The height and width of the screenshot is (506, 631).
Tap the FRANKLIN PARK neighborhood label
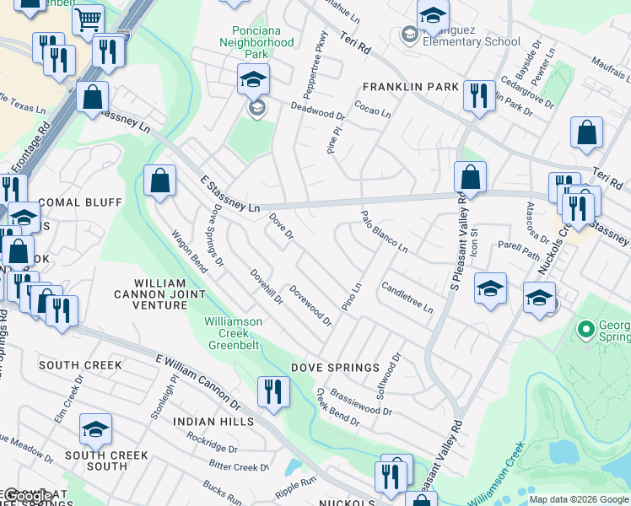pos(410,87)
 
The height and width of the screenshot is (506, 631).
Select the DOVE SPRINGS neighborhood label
pos(336,368)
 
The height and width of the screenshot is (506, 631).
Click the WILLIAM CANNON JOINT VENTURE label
pos(159,293)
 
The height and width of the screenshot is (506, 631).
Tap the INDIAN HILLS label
pos(213,421)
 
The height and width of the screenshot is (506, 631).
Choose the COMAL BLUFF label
pos(80,202)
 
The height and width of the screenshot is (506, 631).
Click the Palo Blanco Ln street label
pos(384,232)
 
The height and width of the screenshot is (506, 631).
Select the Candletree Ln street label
pos(407,297)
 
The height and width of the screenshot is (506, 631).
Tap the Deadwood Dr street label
pos(318,110)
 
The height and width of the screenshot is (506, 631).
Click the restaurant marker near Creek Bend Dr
pos(272,391)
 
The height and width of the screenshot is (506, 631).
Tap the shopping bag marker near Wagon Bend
pos(159,180)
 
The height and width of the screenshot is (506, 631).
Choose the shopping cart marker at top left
pos(88,20)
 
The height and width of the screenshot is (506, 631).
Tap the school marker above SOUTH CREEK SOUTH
pos(95,429)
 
